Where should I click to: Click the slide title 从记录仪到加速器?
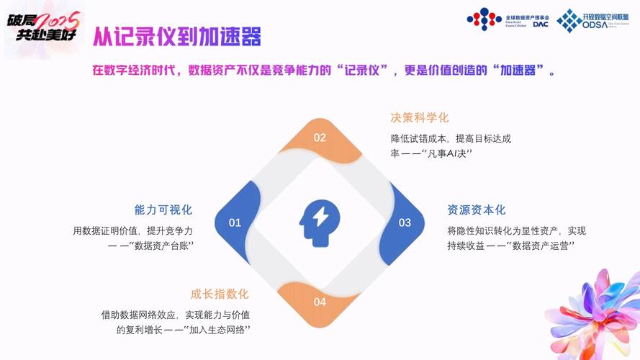click(176, 36)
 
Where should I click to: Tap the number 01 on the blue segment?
click(235, 222)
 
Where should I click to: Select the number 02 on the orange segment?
click(320, 138)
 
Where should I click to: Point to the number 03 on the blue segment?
click(405, 222)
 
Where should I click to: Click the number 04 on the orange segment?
click(320, 302)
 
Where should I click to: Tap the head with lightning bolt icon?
click(320, 222)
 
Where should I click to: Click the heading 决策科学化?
click(420, 117)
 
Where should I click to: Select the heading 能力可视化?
click(163, 210)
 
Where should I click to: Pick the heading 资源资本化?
click(477, 210)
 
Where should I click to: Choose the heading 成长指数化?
click(220, 294)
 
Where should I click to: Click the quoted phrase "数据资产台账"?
click(163, 246)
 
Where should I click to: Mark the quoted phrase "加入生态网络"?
click(217, 330)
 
